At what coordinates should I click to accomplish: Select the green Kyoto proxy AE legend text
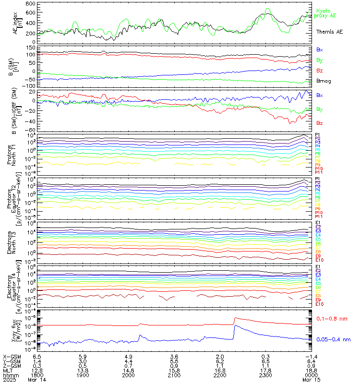click(326, 13)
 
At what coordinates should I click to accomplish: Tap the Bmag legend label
click(324, 81)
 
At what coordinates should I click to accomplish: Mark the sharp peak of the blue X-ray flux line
click(234, 326)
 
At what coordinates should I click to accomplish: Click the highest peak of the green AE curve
click(268, 9)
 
